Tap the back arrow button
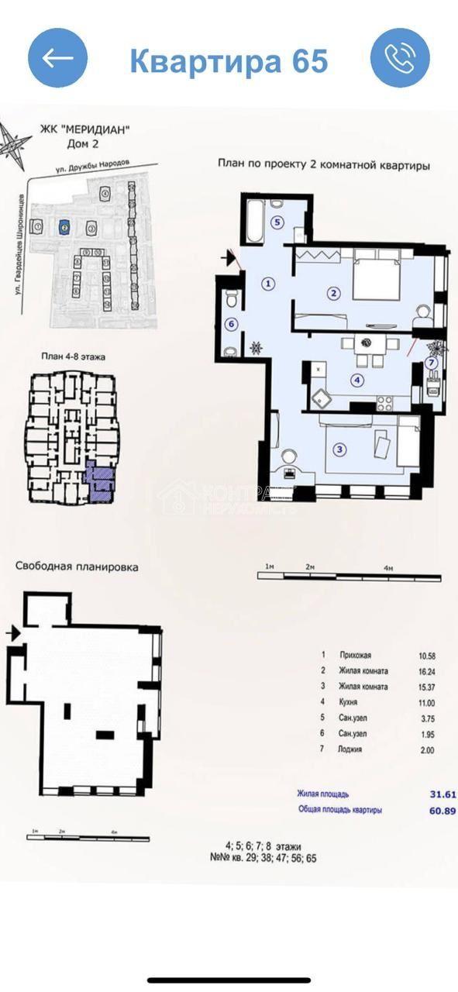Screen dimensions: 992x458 coord(58,58)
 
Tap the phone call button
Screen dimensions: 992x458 coord(400,58)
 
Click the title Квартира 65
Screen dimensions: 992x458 coord(229,60)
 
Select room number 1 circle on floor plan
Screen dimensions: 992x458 coord(268,284)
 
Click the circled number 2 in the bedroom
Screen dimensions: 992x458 coord(333,294)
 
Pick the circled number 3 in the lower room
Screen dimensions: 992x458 coord(339,448)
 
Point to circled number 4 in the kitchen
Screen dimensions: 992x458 coord(356,381)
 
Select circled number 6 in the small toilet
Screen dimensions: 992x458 coord(229,325)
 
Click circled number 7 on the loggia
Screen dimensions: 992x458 coord(432,363)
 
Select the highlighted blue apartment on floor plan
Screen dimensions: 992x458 coord(98,481)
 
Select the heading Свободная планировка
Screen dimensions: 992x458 coord(77,567)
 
